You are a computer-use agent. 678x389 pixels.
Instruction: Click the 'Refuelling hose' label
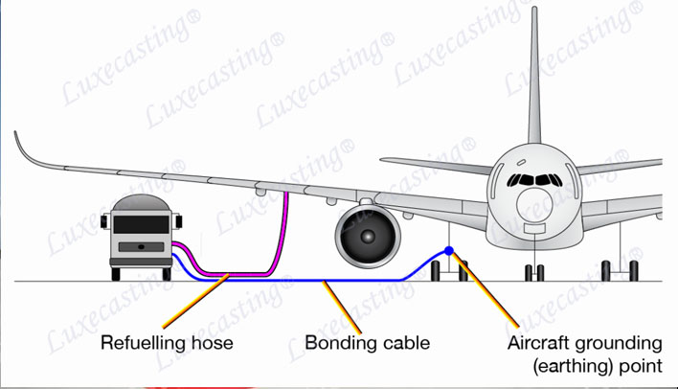167,342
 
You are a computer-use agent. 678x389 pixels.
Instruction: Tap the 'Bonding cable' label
367,342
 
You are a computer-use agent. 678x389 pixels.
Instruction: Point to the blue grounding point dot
448,251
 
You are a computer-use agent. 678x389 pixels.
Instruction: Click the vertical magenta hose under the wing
286,225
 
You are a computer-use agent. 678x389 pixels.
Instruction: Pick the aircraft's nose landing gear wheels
533,271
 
